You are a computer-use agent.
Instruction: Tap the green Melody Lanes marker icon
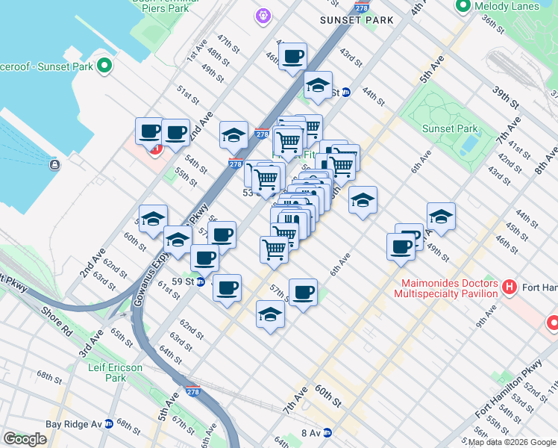click(x=463, y=7)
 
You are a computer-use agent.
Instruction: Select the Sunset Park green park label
click(x=448, y=128)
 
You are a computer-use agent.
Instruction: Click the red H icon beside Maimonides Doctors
click(x=510, y=287)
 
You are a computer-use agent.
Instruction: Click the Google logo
click(x=25, y=439)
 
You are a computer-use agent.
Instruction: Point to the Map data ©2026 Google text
click(x=512, y=442)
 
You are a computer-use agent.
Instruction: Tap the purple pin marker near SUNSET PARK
click(x=262, y=14)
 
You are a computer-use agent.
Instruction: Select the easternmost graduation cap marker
click(x=441, y=216)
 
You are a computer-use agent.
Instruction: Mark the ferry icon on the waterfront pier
click(x=54, y=164)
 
